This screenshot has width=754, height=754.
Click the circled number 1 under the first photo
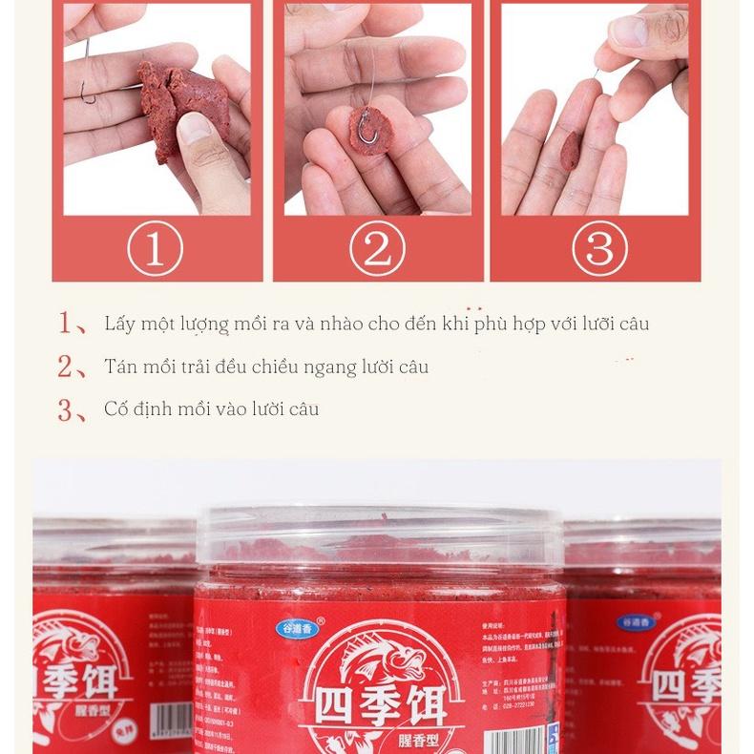point(155,248)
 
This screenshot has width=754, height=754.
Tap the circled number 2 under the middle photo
point(377,248)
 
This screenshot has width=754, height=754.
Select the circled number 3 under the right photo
point(598,248)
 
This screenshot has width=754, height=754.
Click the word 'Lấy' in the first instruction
point(119,324)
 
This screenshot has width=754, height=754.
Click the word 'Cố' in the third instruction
point(115,408)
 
